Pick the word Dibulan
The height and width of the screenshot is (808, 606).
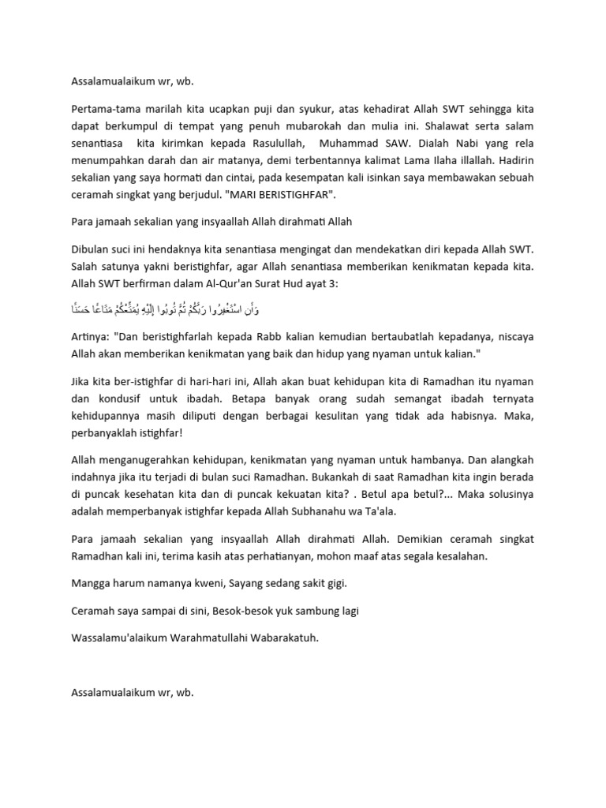tap(92, 249)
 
